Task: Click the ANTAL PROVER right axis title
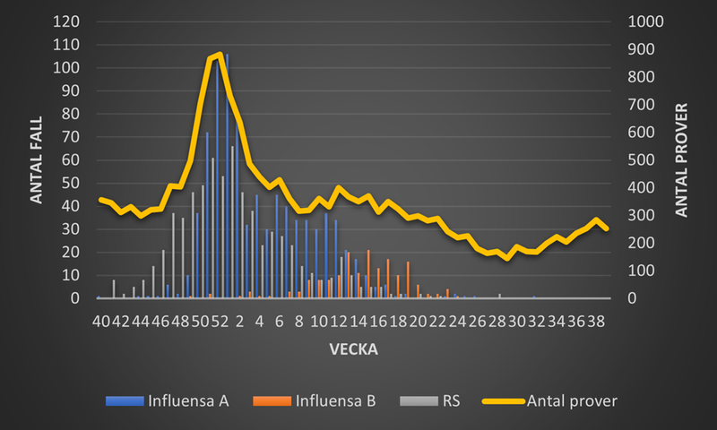pos(680,160)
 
